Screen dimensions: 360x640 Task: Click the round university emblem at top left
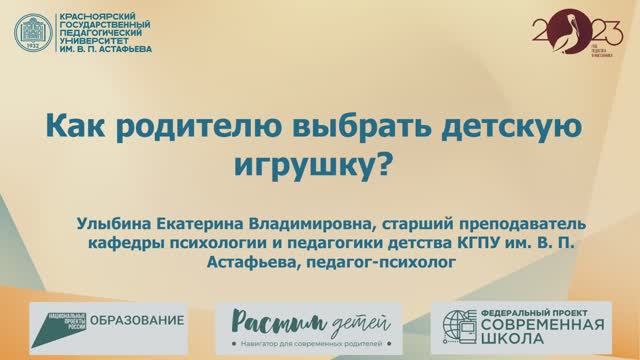(35, 33)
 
